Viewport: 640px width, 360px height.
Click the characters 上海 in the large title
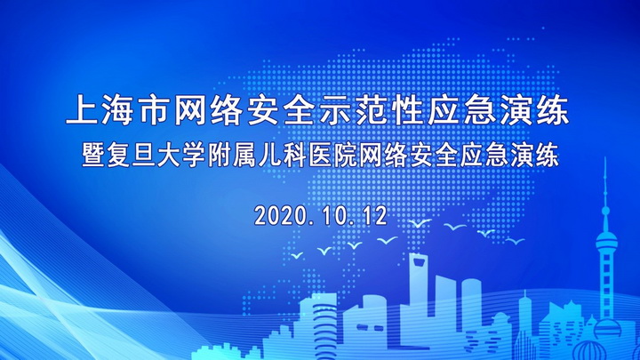(100, 111)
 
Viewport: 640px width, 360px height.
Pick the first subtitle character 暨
(93, 156)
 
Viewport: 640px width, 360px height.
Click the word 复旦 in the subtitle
(131, 156)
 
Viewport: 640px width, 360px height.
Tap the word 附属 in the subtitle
(232, 156)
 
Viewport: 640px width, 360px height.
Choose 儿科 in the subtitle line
(283, 156)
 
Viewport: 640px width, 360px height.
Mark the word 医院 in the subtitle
(332, 156)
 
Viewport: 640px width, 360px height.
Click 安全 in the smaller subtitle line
(434, 156)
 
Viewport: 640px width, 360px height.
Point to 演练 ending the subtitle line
(534, 156)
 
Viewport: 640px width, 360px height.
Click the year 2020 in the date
(280, 215)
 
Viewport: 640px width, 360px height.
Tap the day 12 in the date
(373, 215)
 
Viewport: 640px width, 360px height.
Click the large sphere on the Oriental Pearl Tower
(606, 241)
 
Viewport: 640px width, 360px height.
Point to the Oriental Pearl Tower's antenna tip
(605, 158)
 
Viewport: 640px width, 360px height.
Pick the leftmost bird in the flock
(297, 255)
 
